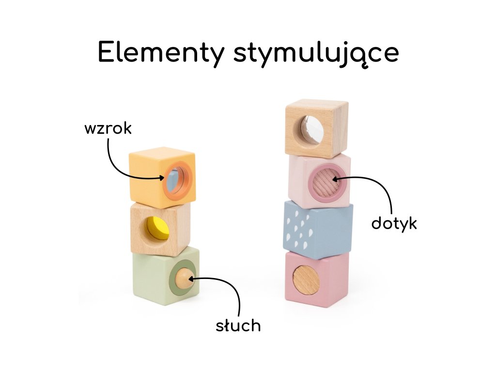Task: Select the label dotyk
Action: (394, 223)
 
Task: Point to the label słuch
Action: (238, 326)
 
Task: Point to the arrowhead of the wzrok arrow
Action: (163, 178)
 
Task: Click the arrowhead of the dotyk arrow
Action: (335, 179)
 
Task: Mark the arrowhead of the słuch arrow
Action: (190, 279)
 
